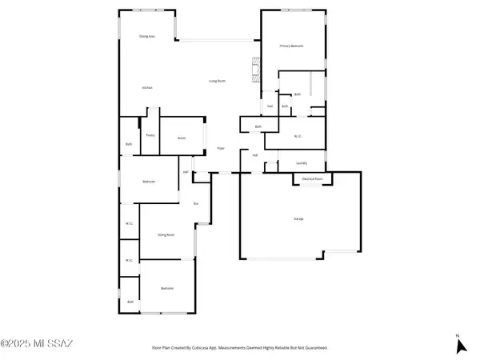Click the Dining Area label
coord(146,37)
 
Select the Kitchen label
coord(147,87)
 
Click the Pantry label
coord(150,135)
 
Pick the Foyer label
coord(221,148)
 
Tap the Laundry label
coord(302,162)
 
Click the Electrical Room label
coord(312,178)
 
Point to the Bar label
coord(197,204)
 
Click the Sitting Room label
coord(166,235)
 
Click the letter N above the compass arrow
coord(457,334)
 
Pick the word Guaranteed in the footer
coord(314,348)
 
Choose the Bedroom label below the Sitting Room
coord(166,288)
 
